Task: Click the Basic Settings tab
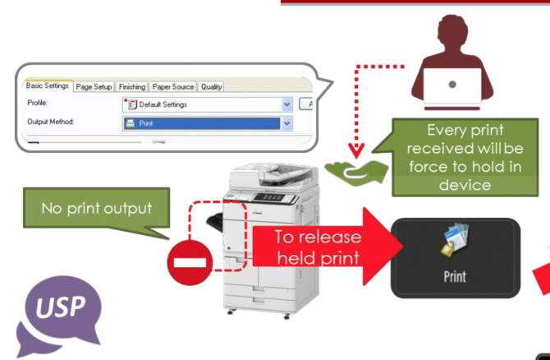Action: click(47, 85)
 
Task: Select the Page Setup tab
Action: click(94, 86)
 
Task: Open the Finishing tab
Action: click(131, 86)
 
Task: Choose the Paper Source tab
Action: click(172, 86)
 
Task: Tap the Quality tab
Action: click(211, 86)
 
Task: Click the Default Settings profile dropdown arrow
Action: click(286, 104)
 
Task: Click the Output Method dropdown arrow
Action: click(286, 122)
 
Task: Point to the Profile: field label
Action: click(38, 104)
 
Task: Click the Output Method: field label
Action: click(51, 122)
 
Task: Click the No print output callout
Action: click(96, 208)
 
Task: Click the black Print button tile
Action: click(455, 257)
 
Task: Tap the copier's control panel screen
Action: click(271, 197)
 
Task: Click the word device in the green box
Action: click(465, 184)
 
